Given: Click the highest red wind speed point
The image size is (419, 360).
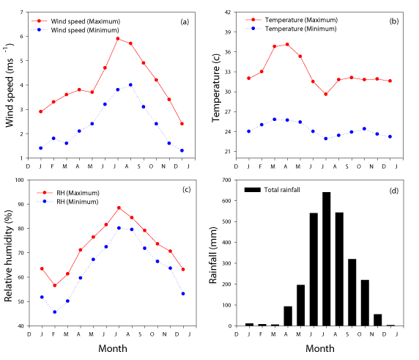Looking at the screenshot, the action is (x=118, y=39).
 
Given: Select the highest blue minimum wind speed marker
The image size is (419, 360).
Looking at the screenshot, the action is (x=130, y=85).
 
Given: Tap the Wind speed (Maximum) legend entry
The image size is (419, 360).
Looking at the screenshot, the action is (x=75, y=21).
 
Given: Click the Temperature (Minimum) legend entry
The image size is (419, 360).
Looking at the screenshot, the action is (x=291, y=29).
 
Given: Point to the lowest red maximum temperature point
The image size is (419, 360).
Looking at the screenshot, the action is (x=326, y=94).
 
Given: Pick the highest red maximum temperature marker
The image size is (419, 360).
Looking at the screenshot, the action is (x=287, y=45).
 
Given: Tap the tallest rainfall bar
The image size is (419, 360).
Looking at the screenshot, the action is (x=326, y=259).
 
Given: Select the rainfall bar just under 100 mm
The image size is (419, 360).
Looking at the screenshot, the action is (x=288, y=316).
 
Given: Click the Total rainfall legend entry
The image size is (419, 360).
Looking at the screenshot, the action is (x=272, y=190).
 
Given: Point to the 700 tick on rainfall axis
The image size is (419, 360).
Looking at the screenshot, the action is (x=226, y=180).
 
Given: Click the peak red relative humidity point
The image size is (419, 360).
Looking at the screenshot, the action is (x=119, y=207).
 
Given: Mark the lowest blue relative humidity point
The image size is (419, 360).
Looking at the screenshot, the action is (x=55, y=312).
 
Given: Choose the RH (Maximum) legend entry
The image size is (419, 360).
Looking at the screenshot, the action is (x=68, y=193).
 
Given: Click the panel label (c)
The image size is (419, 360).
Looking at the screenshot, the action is (x=187, y=189).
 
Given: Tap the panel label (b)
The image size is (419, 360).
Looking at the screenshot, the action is (x=394, y=21).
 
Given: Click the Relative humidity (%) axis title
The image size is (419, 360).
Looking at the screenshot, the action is (x=9, y=256).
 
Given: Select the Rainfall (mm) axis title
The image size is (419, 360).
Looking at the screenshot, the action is (x=213, y=255).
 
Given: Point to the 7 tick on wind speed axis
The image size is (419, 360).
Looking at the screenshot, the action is (x=22, y=12).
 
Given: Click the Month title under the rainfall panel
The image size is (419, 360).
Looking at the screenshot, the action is (x=320, y=348).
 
